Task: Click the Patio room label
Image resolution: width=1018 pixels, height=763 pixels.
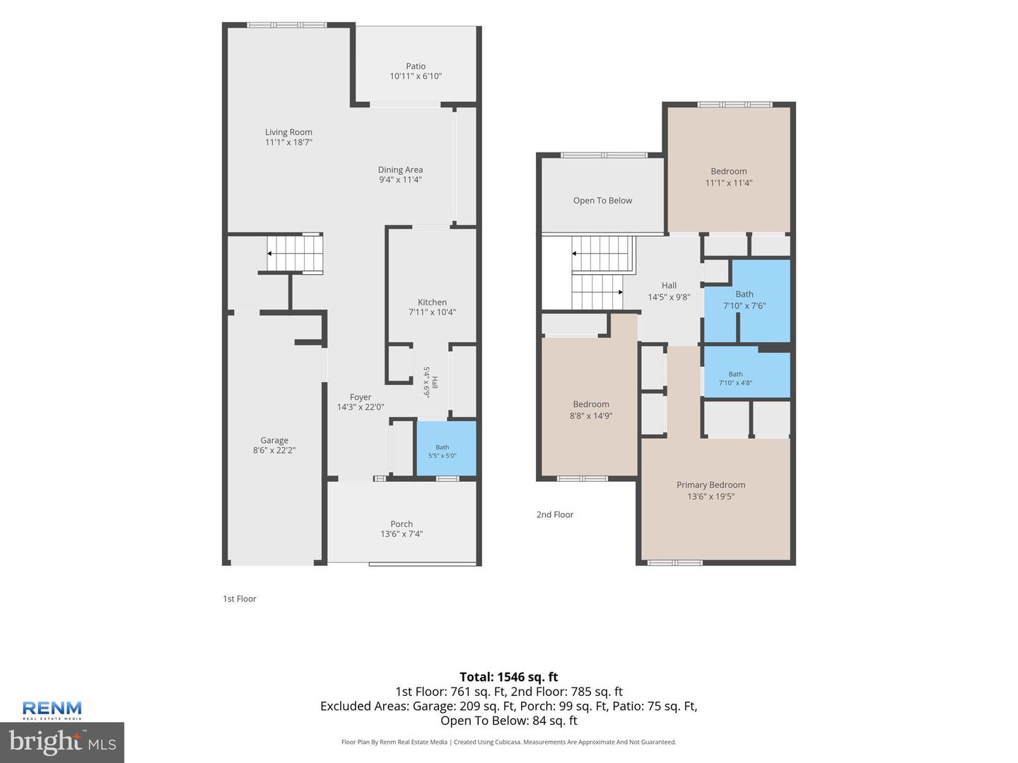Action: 416,66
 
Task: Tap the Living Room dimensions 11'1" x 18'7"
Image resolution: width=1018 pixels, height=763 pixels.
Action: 288,142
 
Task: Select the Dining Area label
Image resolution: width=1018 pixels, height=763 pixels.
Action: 400,170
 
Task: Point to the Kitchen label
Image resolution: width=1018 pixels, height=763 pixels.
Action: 432,302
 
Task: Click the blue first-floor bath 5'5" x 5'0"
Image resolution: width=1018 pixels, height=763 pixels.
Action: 446,448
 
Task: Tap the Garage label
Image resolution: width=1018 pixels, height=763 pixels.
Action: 274,440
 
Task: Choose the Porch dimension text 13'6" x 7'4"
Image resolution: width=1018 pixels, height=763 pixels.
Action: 402,533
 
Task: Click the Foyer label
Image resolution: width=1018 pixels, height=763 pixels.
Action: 361,397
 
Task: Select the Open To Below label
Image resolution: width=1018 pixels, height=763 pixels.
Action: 602,201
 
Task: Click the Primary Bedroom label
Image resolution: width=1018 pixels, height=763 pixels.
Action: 711,485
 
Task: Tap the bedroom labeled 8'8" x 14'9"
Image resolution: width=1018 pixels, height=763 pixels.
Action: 590,407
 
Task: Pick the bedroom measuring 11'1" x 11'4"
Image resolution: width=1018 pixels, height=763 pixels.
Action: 729,170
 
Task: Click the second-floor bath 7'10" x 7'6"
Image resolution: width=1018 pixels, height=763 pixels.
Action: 747,300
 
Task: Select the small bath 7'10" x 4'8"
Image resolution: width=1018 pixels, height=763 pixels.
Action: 747,374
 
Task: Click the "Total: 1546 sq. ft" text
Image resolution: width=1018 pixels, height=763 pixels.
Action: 509,677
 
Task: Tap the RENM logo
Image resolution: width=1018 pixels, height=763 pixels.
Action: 52,710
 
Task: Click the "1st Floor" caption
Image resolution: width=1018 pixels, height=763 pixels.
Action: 240,598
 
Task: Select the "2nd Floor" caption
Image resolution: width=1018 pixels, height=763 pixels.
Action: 555,514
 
